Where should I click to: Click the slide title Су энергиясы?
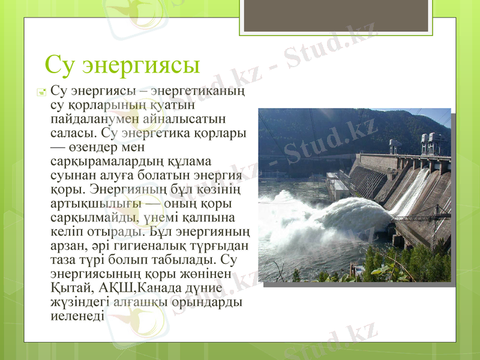122,64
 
